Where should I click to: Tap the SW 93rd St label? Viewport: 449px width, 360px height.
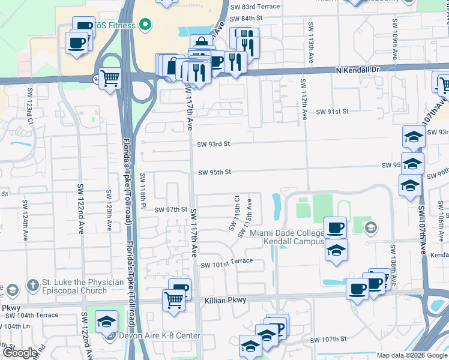tap(214, 144)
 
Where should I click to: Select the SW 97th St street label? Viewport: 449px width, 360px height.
tap(171, 210)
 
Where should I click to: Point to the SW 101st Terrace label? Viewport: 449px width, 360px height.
tap(227, 265)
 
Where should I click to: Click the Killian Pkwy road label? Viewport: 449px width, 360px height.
tap(225, 300)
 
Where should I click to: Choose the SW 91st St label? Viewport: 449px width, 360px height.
tap(332, 112)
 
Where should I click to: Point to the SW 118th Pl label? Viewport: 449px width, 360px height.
tap(143, 187)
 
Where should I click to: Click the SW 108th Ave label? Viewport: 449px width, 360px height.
tap(393, 259)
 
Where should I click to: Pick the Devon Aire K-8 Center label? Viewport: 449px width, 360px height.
tap(159, 335)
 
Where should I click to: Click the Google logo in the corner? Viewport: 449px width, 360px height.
tap(20, 353)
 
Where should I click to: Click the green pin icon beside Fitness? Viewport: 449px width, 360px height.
tap(144, 25)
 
